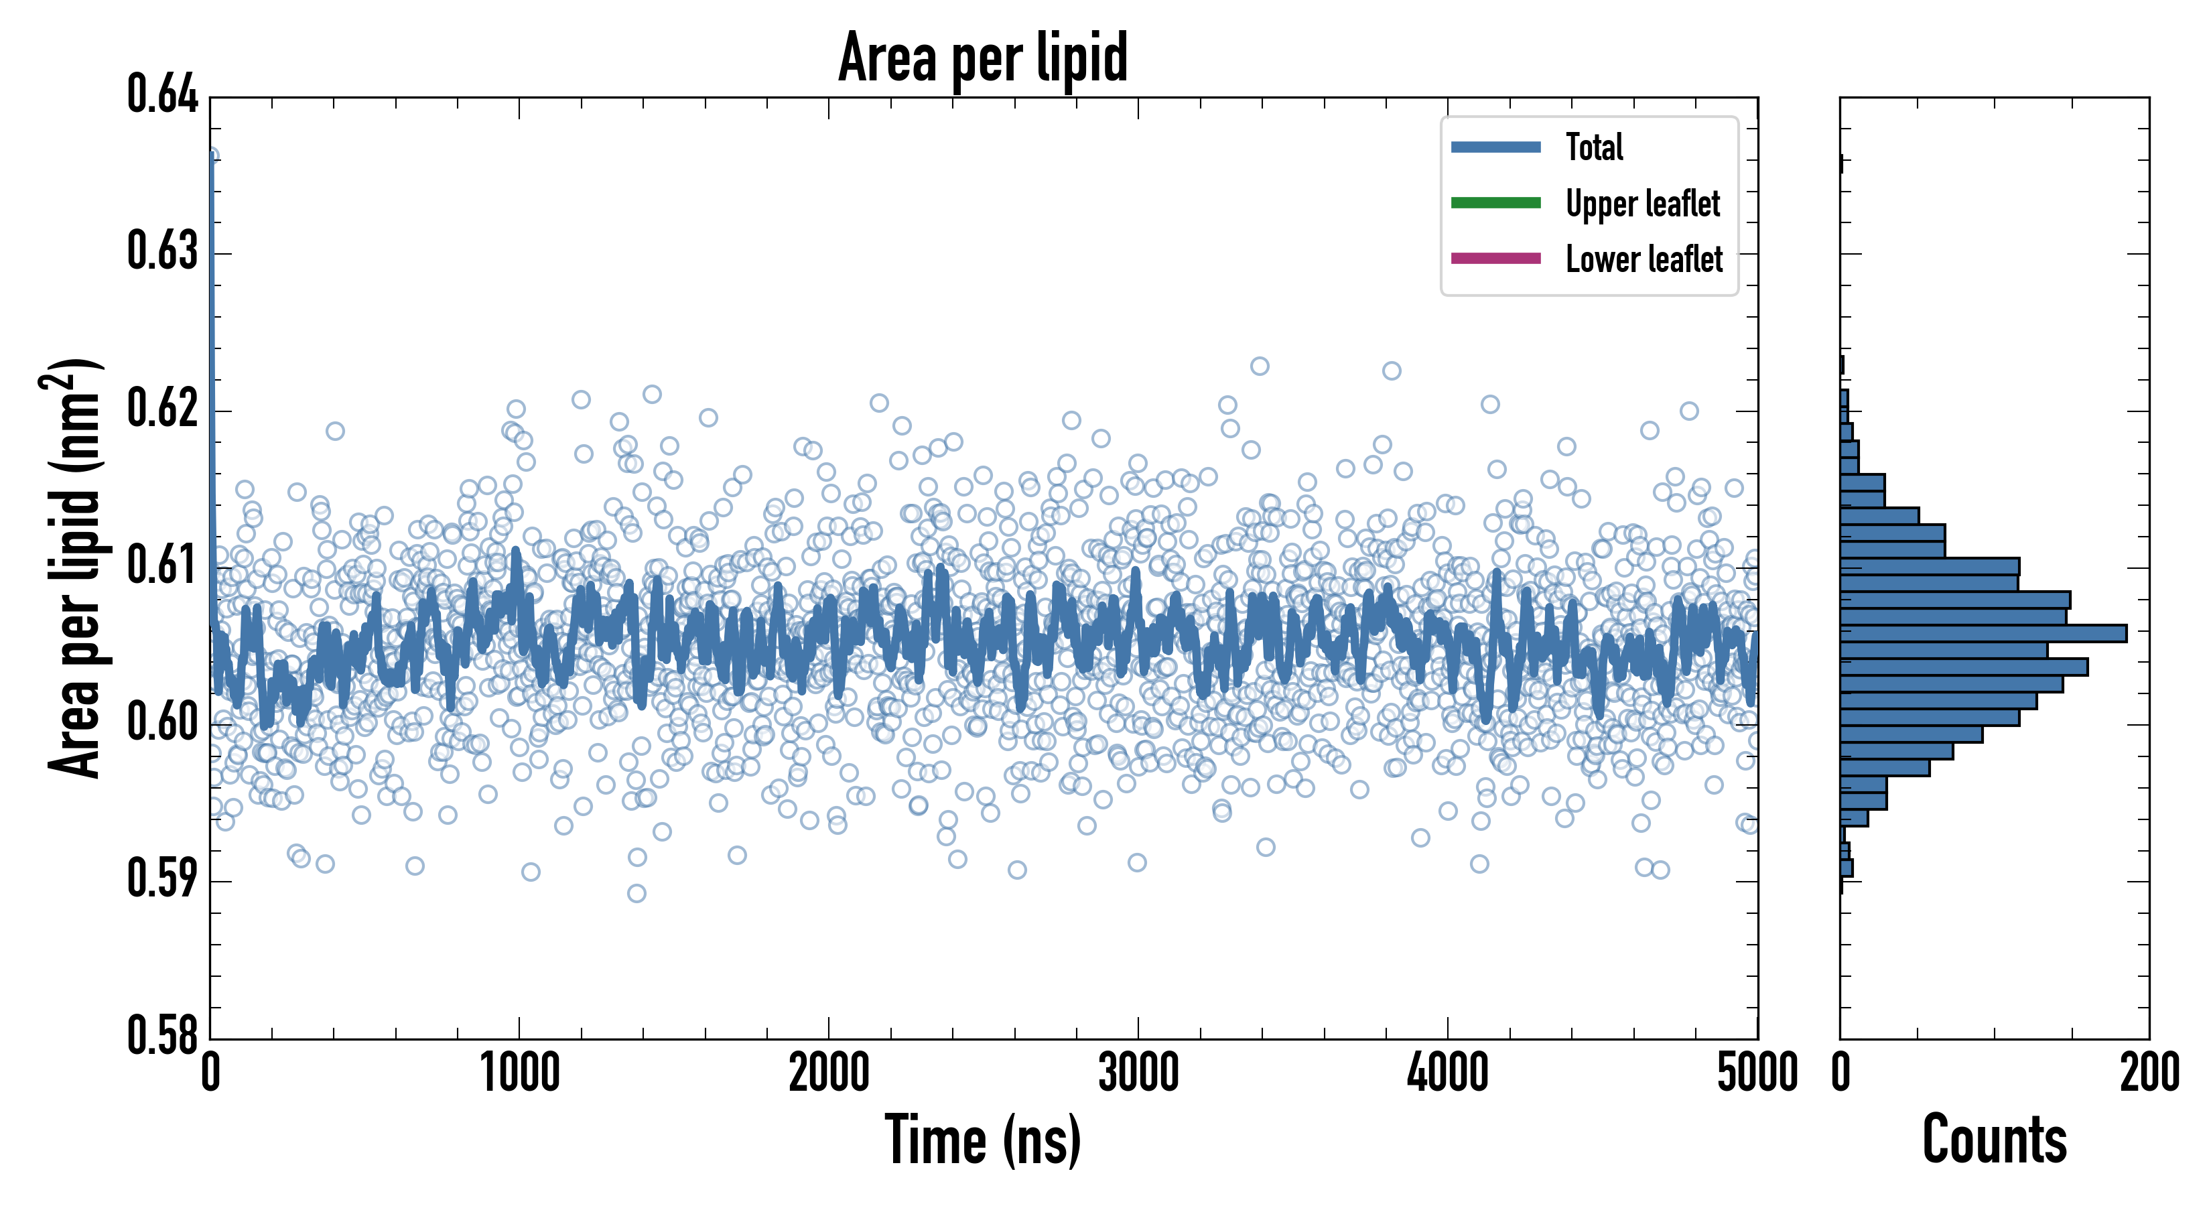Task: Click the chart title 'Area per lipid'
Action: tap(983, 57)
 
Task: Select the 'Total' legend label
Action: tap(1594, 147)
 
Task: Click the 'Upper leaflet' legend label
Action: tap(1643, 204)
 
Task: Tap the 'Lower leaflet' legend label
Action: tap(1644, 259)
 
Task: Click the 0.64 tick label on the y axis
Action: tap(162, 94)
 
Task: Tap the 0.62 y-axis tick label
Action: tap(162, 409)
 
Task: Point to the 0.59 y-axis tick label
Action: tap(162, 879)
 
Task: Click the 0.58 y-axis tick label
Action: tap(162, 1035)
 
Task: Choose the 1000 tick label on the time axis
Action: tap(519, 1074)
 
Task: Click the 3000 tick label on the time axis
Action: tap(1138, 1074)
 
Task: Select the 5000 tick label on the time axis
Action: tap(1757, 1074)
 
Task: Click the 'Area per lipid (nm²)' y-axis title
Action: tap(73, 568)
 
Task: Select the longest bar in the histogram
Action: tap(1983, 633)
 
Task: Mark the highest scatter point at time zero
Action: tap(211, 155)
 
